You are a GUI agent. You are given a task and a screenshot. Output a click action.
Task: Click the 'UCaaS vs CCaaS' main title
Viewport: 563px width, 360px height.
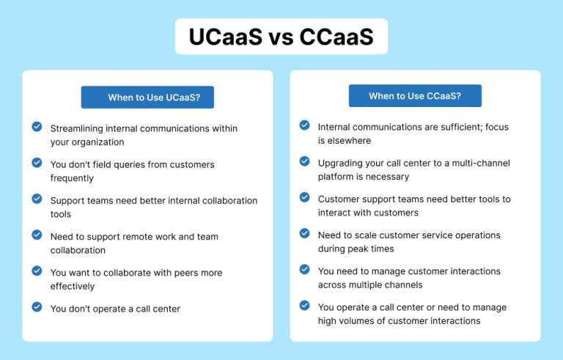tap(281, 37)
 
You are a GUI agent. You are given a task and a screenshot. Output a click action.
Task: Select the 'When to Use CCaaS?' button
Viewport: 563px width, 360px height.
tap(415, 96)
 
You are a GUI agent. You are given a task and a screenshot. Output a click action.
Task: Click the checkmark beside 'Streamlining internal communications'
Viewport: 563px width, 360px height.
tap(37, 127)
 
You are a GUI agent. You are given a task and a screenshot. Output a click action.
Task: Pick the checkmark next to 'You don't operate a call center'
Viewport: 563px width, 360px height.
tap(37, 307)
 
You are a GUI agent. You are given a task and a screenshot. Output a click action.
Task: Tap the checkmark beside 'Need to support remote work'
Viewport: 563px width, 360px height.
tap(37, 235)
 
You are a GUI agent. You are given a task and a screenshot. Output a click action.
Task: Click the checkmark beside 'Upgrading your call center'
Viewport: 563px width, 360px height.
tap(304, 161)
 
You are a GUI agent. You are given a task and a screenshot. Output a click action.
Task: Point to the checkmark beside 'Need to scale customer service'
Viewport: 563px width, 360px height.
tap(304, 233)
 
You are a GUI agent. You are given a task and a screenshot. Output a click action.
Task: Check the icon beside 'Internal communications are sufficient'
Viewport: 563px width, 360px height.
tap(304, 125)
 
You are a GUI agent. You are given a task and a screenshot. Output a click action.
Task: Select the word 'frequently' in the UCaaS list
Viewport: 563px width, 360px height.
tap(72, 178)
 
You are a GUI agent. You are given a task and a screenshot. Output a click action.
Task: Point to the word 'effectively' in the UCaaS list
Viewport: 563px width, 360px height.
tap(73, 287)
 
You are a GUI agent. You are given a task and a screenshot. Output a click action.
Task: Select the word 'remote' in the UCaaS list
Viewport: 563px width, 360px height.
tap(135, 237)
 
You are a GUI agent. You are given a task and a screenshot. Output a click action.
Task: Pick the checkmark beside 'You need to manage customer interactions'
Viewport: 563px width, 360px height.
tap(304, 269)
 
